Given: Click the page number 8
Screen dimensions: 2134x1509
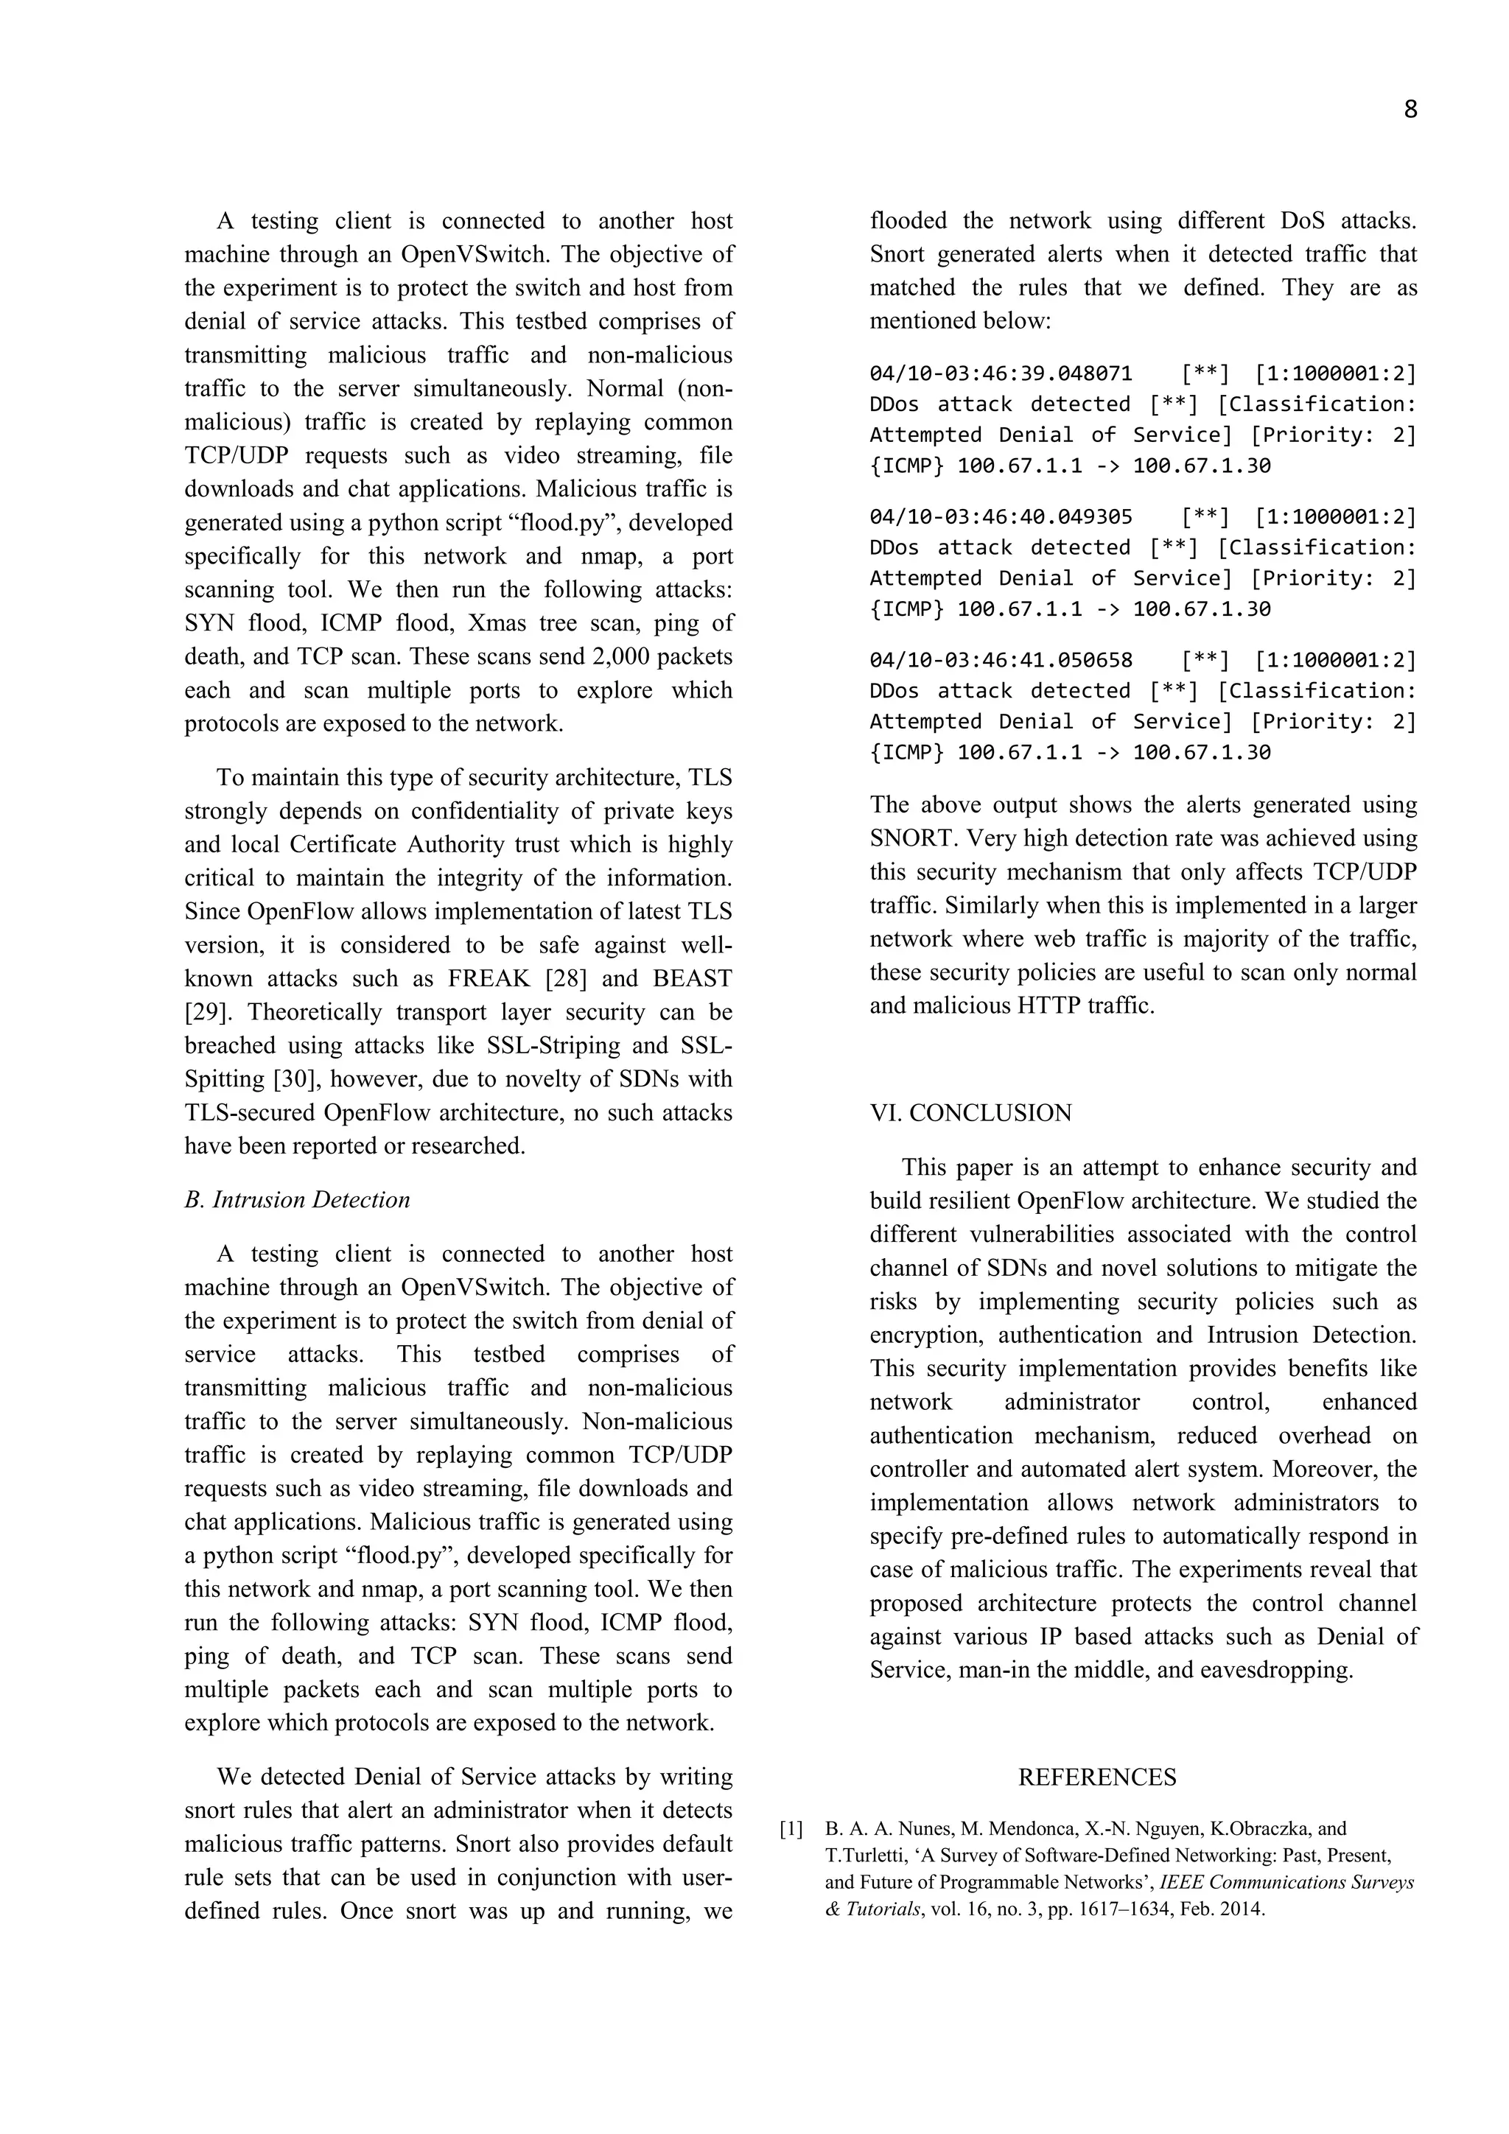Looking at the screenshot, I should tap(1410, 110).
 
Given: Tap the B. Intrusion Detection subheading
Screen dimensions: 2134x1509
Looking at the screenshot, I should tap(297, 1200).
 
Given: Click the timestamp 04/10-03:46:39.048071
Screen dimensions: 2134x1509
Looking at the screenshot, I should tap(1001, 373).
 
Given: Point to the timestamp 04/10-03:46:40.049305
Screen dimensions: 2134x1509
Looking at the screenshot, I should tap(1001, 517).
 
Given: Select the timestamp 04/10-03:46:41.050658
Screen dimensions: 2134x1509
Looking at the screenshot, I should tap(1001, 660).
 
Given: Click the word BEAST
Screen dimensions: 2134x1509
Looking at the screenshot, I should tap(693, 979).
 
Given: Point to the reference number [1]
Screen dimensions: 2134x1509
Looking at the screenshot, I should tap(791, 1829).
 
